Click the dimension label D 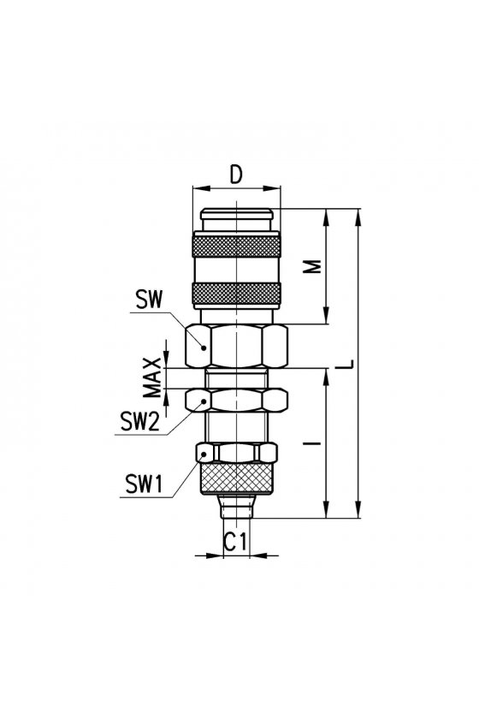coord(235,175)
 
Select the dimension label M coord(313,267)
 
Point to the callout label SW coord(149,300)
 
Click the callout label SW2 coord(139,421)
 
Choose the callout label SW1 coord(145,484)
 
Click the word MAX coord(152,377)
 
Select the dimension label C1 coord(235,542)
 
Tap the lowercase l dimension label coord(313,443)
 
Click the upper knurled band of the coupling coord(237,247)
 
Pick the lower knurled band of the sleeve coord(237,294)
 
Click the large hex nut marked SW coord(237,346)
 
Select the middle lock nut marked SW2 coord(237,400)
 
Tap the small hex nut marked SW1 coord(237,453)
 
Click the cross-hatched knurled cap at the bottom coord(237,478)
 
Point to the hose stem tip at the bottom coord(237,506)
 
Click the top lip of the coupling coord(237,214)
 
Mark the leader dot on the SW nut coord(204,348)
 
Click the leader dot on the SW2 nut coord(203,401)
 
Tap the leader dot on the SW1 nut coord(203,454)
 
